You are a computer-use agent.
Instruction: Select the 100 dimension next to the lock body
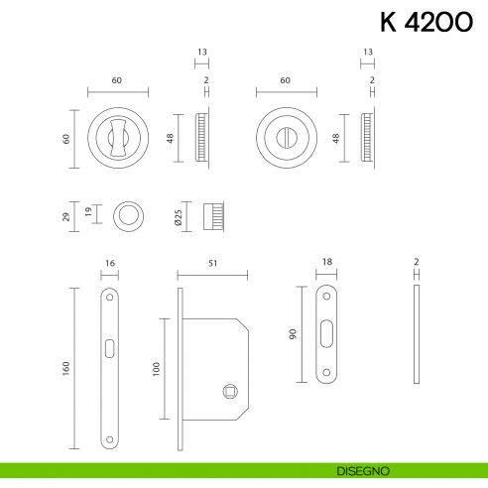[x=157, y=368]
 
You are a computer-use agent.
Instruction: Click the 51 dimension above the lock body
[x=213, y=265]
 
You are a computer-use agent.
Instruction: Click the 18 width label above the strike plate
[x=326, y=265]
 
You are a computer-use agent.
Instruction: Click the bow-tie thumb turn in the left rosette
[x=119, y=132]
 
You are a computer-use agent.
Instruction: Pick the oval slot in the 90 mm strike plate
[x=326, y=334]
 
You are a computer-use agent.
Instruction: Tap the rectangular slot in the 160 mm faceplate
[x=108, y=346]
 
